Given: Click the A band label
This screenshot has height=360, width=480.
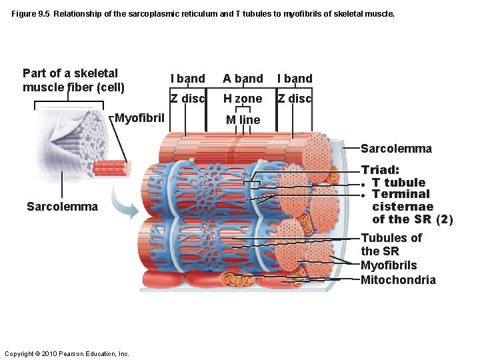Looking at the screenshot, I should (x=243, y=79).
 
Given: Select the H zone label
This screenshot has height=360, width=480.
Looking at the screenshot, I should (x=243, y=99).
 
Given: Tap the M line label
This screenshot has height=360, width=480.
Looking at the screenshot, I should (x=243, y=120).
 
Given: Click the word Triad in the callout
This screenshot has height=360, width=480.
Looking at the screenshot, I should (x=380, y=171).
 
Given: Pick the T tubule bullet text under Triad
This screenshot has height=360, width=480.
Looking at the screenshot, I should (x=398, y=183).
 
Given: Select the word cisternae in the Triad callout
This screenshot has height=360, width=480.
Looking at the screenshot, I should (x=402, y=207).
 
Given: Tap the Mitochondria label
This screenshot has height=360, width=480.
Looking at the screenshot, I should (x=398, y=280).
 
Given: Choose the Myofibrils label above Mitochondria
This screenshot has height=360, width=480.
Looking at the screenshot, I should (x=389, y=265).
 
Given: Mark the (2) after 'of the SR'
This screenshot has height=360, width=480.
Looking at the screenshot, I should (x=444, y=219).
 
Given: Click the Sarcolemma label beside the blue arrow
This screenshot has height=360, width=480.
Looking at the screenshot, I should (x=62, y=207).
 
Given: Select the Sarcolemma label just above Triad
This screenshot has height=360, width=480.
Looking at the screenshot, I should (x=396, y=149).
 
